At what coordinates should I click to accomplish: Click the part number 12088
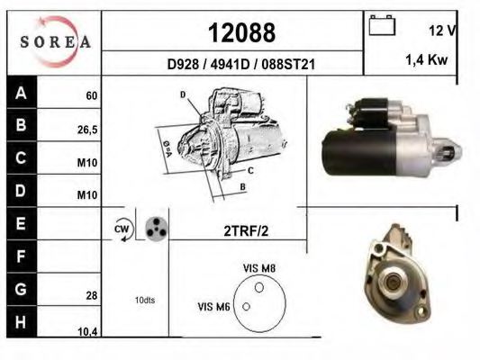(x=241, y=33)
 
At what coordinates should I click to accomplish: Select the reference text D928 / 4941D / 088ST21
(x=240, y=65)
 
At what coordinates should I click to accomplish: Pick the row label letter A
(x=21, y=93)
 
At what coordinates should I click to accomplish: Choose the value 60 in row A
(x=91, y=95)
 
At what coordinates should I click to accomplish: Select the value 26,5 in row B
(x=87, y=129)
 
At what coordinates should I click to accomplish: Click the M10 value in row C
(x=87, y=163)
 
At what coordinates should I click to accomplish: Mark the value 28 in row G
(x=91, y=295)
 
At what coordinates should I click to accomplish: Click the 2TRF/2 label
(x=245, y=230)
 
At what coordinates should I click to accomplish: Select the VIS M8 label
(x=260, y=267)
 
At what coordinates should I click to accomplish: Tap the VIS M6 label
(x=213, y=307)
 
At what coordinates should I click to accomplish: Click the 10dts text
(x=144, y=300)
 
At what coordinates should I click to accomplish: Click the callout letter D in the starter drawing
(x=182, y=94)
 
